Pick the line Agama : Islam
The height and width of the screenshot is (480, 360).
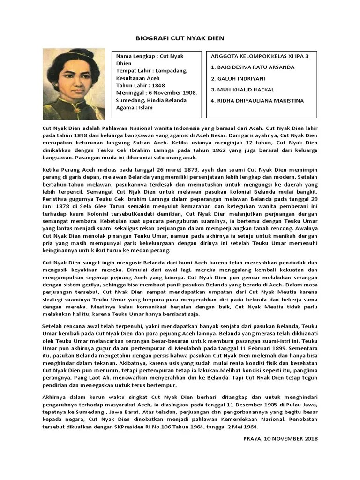(135, 108)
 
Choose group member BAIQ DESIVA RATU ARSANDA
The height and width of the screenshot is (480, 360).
(253, 67)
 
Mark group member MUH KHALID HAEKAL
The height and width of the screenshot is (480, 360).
(243, 90)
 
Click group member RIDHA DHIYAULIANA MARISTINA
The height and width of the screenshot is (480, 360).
(257, 101)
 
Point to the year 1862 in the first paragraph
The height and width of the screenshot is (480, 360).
(200, 150)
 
